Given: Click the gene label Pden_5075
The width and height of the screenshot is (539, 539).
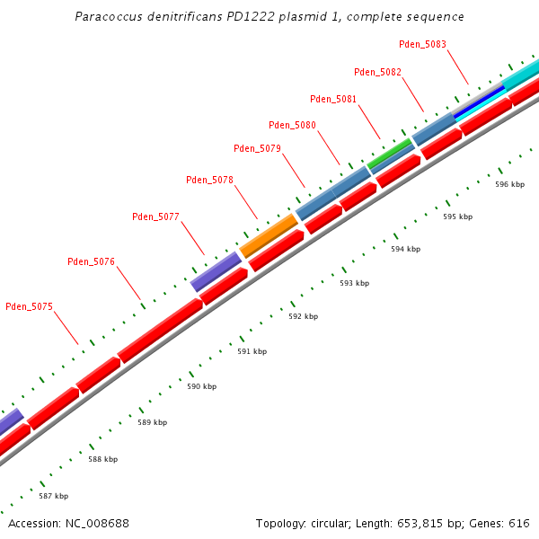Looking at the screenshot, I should coord(29,306).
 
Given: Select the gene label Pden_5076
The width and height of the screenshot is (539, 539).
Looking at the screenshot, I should coord(91,261).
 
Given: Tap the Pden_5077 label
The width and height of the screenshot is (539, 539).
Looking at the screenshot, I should coord(155,216).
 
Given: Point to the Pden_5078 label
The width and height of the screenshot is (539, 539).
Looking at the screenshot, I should coord(209,180).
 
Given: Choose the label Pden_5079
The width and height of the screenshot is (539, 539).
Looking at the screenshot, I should coord(257,148).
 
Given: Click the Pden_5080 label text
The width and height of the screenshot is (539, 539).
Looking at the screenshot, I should coord(292,125).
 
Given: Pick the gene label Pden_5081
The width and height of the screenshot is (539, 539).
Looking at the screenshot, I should coord(333,99).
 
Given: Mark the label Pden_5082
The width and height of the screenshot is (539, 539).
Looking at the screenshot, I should coord(377,72).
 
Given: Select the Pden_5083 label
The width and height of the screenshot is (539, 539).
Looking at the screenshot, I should coord(422,44).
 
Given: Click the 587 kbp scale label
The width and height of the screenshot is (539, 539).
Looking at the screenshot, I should coord(53,496).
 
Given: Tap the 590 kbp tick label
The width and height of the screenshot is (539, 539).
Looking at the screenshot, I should coord(202,386).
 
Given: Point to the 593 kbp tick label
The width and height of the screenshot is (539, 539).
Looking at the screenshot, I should coord(354,283).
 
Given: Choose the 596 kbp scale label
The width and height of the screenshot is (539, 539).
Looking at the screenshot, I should coord(509,184).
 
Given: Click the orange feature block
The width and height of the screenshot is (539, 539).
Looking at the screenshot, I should coord(269,236).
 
